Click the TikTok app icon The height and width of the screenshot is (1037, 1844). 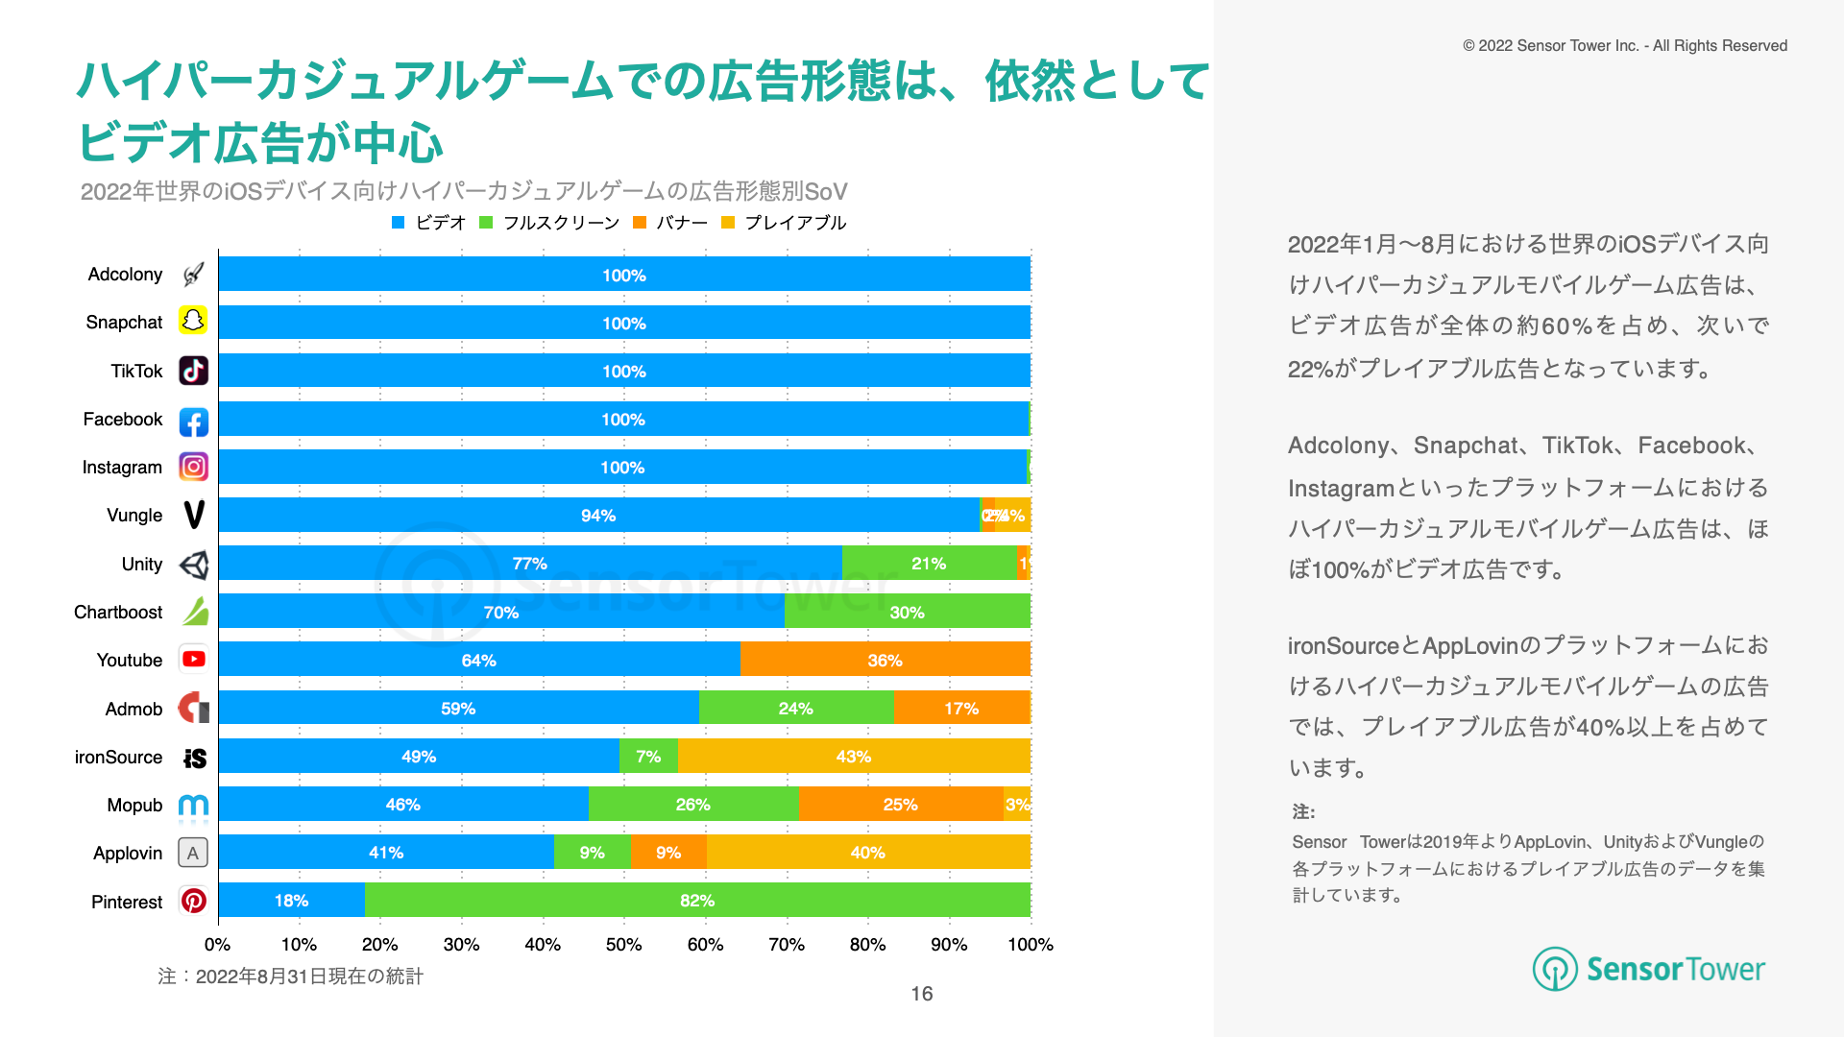(x=193, y=371)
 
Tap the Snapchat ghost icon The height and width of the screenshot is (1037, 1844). (x=193, y=321)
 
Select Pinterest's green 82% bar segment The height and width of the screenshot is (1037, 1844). (x=697, y=900)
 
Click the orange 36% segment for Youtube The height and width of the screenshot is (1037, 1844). (x=885, y=660)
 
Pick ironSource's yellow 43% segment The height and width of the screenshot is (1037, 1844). (x=853, y=756)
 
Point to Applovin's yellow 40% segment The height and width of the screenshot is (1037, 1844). (x=867, y=852)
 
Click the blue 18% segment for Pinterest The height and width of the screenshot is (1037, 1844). (x=291, y=900)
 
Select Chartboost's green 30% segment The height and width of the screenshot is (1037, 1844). (x=907, y=612)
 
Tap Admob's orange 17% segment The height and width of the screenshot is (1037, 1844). (x=960, y=708)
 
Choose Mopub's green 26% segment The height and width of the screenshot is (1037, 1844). (x=692, y=804)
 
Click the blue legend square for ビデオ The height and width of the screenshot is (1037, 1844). (x=399, y=223)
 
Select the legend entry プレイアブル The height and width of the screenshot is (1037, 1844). (x=794, y=223)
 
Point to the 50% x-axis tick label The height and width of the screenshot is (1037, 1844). (x=623, y=945)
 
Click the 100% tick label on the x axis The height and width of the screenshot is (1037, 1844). (x=1030, y=945)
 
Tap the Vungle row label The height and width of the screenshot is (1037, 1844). (x=134, y=516)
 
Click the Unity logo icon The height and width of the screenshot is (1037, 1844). (x=193, y=565)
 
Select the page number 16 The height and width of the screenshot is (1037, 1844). (x=922, y=994)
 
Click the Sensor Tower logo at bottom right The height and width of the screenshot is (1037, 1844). (x=1648, y=969)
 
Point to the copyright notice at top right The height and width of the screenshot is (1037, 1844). (x=1625, y=46)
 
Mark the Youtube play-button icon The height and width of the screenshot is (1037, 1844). (x=193, y=660)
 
